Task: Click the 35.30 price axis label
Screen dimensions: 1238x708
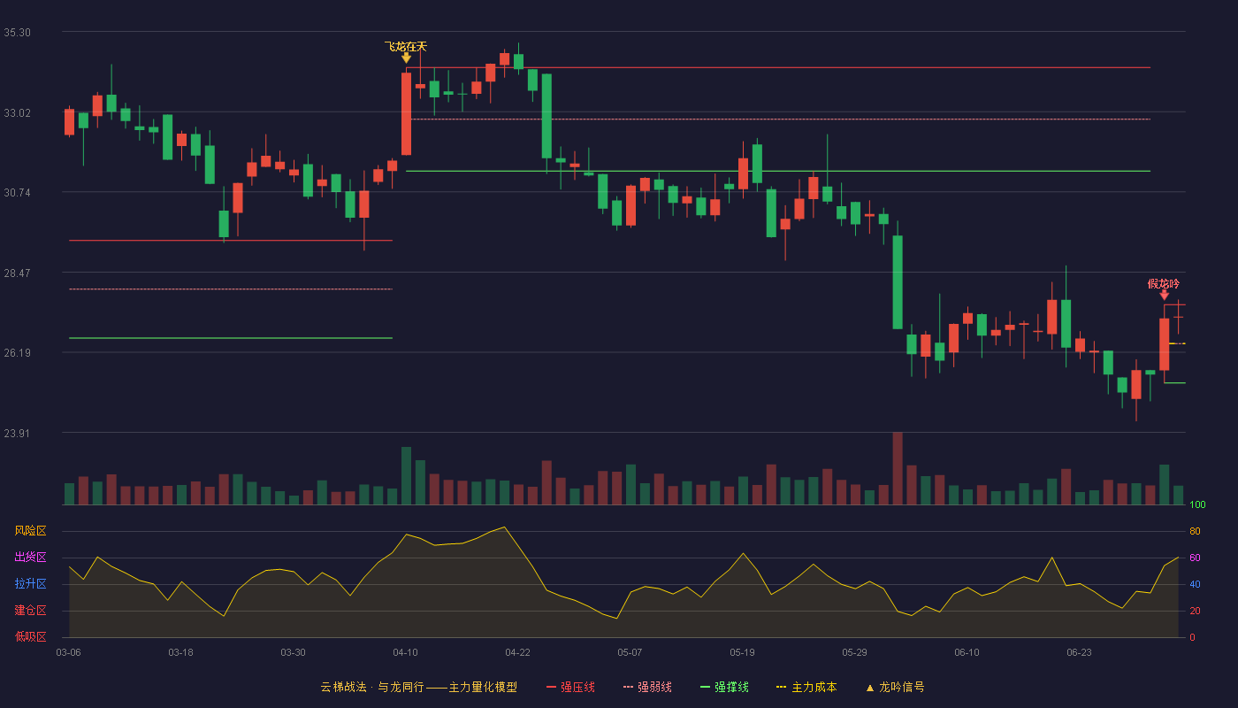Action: click(x=17, y=33)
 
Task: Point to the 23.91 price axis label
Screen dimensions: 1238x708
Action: click(x=17, y=433)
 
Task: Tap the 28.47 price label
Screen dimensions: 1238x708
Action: click(x=17, y=273)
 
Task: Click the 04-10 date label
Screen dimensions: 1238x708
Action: click(x=405, y=653)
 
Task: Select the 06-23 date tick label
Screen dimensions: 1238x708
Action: click(x=1079, y=653)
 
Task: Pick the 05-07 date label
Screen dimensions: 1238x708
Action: click(x=630, y=653)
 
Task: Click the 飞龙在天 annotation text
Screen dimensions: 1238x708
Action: click(x=406, y=46)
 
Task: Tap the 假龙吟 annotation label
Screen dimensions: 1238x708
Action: click(x=1164, y=284)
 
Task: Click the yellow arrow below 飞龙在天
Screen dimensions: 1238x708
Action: click(x=406, y=58)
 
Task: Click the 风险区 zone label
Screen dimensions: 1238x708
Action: click(x=30, y=531)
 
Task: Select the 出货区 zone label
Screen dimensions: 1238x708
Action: click(x=30, y=557)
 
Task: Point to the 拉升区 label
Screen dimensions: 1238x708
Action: click(x=30, y=583)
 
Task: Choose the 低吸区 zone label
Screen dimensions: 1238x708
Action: click(x=30, y=636)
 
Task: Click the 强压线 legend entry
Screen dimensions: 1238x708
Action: click(x=570, y=687)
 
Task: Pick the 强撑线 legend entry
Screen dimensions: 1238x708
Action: click(x=724, y=687)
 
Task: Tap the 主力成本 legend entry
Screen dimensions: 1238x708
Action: click(x=806, y=687)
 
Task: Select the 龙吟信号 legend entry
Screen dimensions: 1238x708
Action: click(x=895, y=687)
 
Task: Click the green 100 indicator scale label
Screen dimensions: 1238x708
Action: click(x=1197, y=504)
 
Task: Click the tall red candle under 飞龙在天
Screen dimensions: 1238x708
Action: click(x=406, y=114)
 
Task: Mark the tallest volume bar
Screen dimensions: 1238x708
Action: click(x=898, y=468)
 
